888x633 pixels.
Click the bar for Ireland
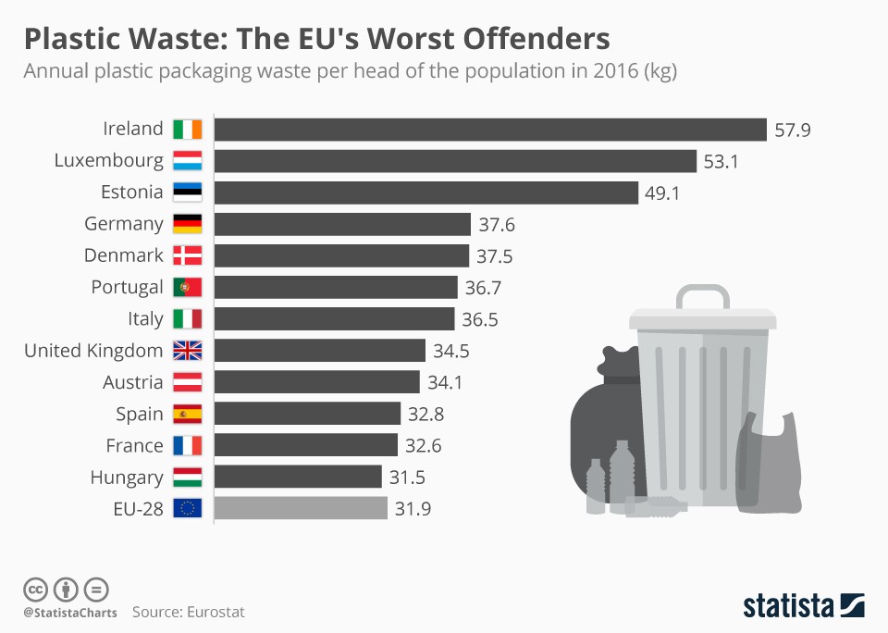pyautogui.click(x=490, y=130)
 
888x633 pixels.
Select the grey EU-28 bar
pyautogui.click(x=301, y=508)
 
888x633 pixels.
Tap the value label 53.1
pyautogui.click(x=722, y=162)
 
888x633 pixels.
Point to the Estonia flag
pyautogui.click(x=187, y=192)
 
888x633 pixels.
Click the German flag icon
pyautogui.click(x=187, y=224)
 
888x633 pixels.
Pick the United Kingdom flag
pyautogui.click(x=187, y=351)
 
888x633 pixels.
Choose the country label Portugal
pyautogui.click(x=127, y=288)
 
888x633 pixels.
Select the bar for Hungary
pyautogui.click(x=298, y=477)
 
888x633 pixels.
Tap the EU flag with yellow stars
pyautogui.click(x=187, y=508)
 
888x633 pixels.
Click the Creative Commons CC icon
pyautogui.click(x=35, y=589)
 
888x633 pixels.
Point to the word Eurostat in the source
pyautogui.click(x=216, y=612)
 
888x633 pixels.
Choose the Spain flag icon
pyautogui.click(x=187, y=414)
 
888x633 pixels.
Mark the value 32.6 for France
pyautogui.click(x=424, y=446)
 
